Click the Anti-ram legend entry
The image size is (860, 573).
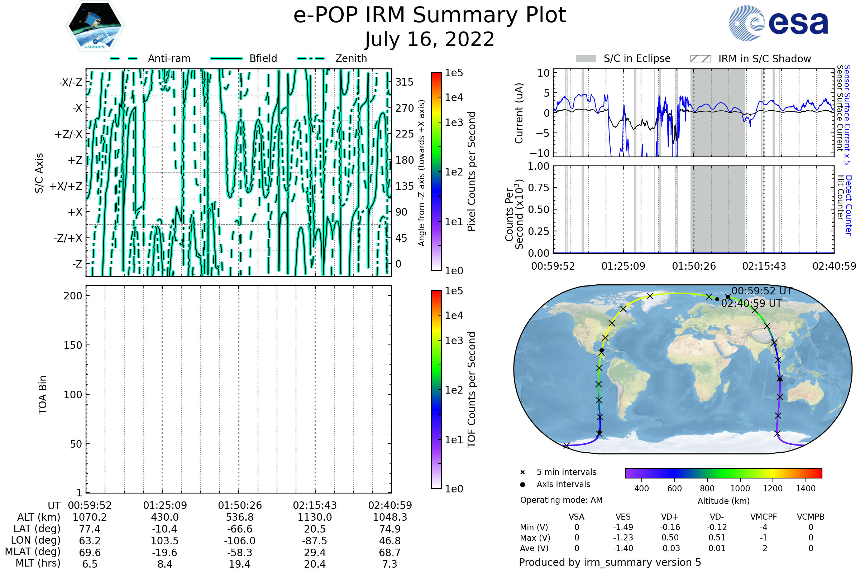click(169, 58)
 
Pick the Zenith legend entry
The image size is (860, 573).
click(351, 58)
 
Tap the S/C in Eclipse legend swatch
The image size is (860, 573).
click(586, 59)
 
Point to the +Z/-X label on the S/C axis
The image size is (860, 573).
click(68, 135)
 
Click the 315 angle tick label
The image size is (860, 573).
click(405, 82)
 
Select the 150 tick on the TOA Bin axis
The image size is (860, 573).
click(73, 345)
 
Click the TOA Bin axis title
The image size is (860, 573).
click(43, 395)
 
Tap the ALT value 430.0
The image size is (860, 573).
click(165, 517)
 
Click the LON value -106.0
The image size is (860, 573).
click(240, 541)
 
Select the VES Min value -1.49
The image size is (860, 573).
click(623, 527)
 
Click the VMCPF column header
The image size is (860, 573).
click(764, 517)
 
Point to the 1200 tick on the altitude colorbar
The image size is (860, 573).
click(773, 488)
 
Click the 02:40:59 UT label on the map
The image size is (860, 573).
click(751, 304)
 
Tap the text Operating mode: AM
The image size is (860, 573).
click(561, 500)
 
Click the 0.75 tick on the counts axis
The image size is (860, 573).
click(539, 188)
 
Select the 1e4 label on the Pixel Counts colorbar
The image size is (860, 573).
click(454, 97)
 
